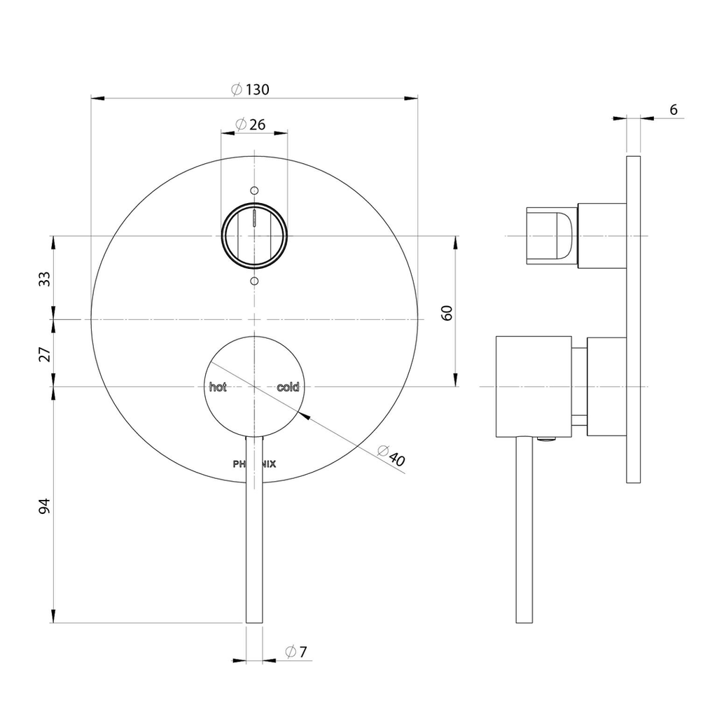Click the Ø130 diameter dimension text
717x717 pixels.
[250, 89]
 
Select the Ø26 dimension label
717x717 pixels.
[250, 124]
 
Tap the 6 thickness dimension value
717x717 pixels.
[673, 110]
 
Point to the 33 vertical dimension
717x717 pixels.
[44, 279]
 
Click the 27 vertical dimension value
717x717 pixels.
[44, 354]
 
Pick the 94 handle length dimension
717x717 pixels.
[44, 506]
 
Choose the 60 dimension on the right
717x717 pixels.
[447, 313]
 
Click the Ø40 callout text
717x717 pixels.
[391, 455]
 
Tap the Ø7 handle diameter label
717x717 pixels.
[296, 651]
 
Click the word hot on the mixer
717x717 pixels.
[218, 387]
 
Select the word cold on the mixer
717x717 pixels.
[288, 387]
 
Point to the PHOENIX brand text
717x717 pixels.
[254, 464]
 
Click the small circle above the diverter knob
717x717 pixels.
[255, 190]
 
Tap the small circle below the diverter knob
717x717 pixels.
[255, 280]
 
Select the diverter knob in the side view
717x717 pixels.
[552, 236]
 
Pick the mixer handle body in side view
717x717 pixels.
[534, 387]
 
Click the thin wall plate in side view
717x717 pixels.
[633, 319]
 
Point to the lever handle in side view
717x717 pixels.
[524, 529]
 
